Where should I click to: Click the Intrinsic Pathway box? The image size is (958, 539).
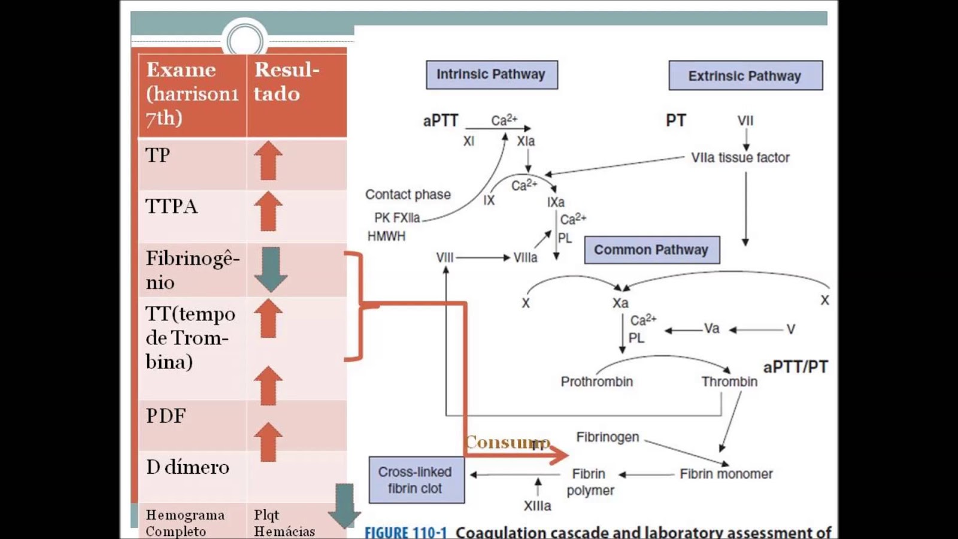492,75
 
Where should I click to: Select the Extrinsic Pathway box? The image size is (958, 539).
745,76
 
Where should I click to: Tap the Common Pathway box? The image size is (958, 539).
651,250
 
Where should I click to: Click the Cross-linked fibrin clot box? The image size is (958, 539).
416,480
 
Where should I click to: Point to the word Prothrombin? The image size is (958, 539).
596,381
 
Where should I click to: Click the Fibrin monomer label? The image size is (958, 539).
726,474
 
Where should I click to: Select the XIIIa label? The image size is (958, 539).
537,505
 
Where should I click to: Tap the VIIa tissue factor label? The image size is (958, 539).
740,158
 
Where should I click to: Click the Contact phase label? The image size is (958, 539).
408,194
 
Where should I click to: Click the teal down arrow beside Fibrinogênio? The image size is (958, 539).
271,269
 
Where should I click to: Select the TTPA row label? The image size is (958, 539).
171,206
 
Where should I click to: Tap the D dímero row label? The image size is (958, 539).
187,467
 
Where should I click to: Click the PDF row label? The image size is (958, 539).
166,415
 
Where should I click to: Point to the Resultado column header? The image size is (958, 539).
286,81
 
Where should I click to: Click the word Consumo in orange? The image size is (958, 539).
507,442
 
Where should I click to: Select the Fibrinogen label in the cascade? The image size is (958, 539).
607,437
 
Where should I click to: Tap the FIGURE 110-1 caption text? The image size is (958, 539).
405,532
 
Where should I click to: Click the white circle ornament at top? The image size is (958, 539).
244,40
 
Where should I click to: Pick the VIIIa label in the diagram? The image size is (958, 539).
525,258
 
